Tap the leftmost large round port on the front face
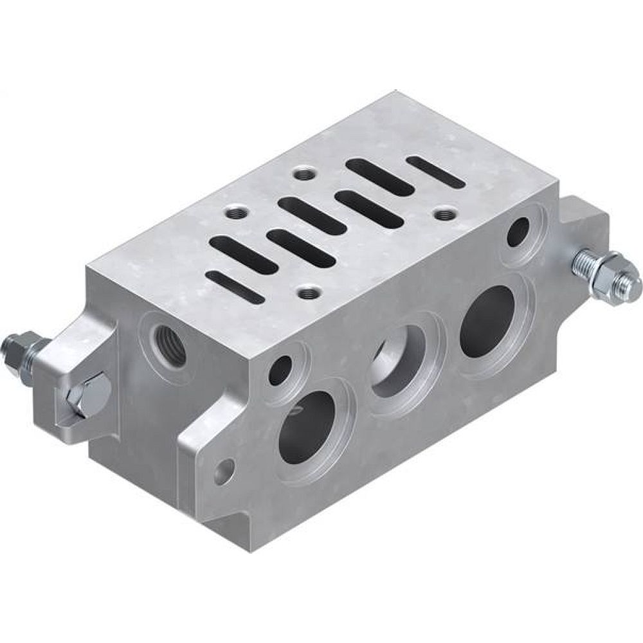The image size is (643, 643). coord(307,427)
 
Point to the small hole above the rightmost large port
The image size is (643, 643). coord(518,231)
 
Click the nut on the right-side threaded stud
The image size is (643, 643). coord(608,276)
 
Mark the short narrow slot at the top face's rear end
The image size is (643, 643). coord(436,172)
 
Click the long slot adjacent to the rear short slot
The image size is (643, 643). coord(379,174)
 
